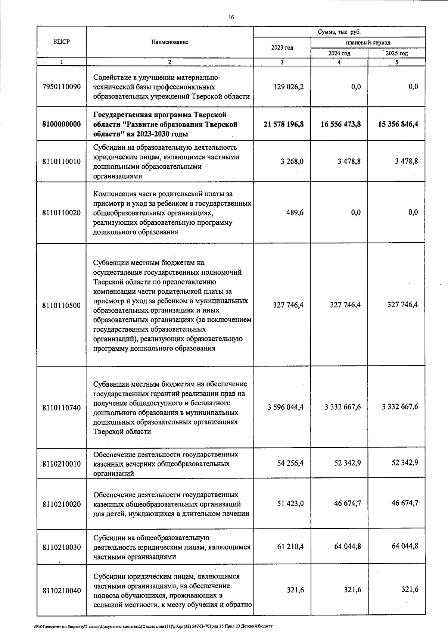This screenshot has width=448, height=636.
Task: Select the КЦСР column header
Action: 62,42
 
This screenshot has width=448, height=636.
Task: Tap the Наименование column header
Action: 170,42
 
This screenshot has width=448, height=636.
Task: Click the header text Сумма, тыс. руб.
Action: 339,32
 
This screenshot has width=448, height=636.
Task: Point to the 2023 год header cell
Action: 282,48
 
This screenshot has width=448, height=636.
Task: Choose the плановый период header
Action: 368,43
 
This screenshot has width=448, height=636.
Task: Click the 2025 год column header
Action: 396,53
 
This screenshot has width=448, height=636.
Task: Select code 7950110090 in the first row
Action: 62,87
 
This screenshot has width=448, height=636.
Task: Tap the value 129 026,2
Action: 288,87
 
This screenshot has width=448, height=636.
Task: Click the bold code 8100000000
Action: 62,124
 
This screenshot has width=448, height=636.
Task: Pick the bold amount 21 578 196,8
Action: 283,124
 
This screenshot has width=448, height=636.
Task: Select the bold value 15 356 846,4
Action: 398,124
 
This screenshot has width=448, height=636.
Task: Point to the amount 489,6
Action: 295,212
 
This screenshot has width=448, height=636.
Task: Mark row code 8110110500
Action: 62,305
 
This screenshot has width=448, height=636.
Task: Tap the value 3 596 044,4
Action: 285,407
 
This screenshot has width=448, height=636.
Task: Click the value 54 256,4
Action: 290,463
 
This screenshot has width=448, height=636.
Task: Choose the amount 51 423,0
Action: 290,503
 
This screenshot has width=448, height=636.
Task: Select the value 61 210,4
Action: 290,546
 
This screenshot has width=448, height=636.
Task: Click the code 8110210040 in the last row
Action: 62,590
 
